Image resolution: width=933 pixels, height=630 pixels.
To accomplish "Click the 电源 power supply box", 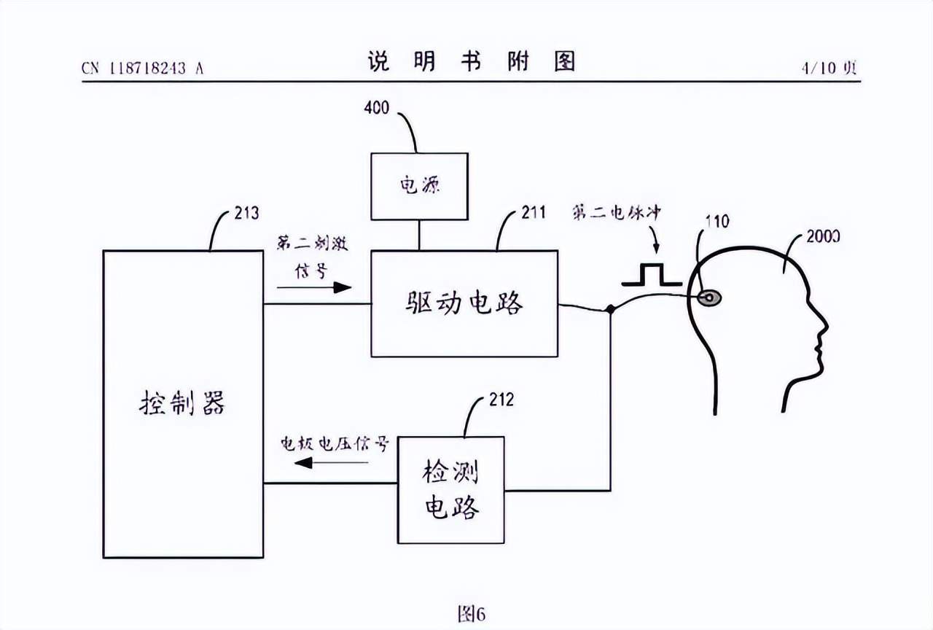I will coord(419,186).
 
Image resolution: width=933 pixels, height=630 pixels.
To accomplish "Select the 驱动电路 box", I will coord(464,303).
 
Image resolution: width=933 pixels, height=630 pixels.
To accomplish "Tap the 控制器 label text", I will coord(182,402).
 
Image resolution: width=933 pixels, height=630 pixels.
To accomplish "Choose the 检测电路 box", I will coord(450,489).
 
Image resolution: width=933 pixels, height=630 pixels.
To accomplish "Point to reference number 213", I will coord(246,213).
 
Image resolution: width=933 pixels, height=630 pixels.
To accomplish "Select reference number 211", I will coord(534,213).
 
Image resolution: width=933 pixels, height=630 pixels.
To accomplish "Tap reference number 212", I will coord(501,400).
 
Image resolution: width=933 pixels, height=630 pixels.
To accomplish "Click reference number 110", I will coord(717,222).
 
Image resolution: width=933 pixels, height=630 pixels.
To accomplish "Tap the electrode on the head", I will coord(708,297).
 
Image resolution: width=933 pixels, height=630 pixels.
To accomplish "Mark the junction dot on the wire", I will coord(609,310).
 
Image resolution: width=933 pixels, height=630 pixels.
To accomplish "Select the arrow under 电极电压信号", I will coord(313,462).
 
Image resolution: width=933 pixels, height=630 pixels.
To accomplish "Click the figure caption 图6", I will coord(470,614).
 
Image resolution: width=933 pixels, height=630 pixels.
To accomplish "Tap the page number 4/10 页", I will coord(829,68).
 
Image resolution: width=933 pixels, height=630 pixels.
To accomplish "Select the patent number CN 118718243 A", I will coord(142,69).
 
